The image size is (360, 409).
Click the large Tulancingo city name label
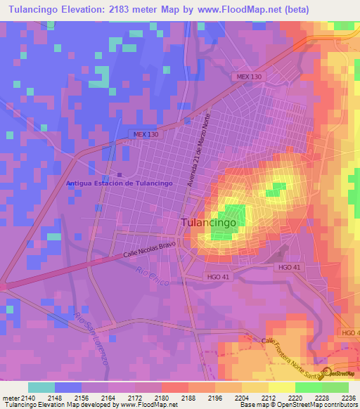click(x=213, y=222)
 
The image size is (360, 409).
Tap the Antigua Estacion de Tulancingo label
click(x=119, y=183)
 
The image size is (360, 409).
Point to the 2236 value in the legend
click(x=349, y=398)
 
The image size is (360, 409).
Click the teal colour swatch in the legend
click(x=41, y=387)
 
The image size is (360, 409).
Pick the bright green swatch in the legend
click(x=309, y=387)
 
